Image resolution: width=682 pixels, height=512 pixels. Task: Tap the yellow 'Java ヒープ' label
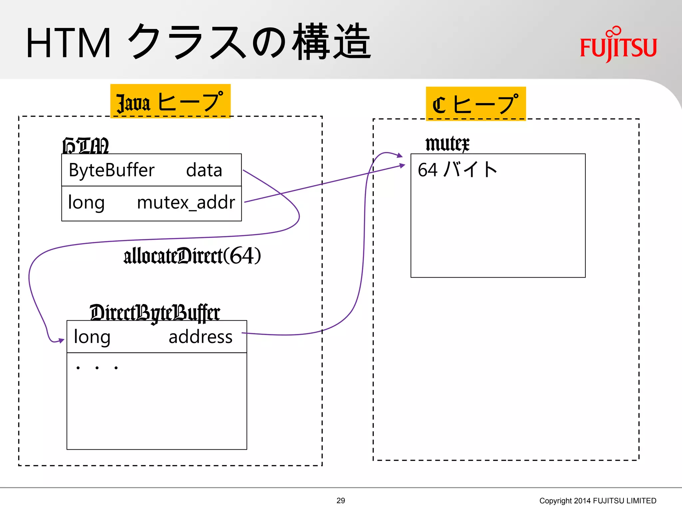click(x=170, y=101)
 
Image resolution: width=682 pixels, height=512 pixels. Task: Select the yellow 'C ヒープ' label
click(x=476, y=104)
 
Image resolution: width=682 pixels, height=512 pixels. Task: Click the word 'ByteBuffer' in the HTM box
click(x=112, y=170)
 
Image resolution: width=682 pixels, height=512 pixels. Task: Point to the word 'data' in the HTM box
click(x=204, y=170)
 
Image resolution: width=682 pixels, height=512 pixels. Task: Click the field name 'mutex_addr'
click(x=186, y=202)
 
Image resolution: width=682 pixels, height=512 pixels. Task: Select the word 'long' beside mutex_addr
click(x=86, y=202)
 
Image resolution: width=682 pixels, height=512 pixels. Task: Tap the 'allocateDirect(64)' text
click(x=192, y=256)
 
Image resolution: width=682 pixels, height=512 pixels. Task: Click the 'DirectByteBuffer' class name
click(x=155, y=312)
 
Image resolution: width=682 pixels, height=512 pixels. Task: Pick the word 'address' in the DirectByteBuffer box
click(x=200, y=337)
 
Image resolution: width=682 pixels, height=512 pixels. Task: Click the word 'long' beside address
click(x=92, y=337)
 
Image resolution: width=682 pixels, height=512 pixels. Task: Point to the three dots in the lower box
click(x=97, y=368)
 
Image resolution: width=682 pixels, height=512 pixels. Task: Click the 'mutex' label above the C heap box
click(x=447, y=144)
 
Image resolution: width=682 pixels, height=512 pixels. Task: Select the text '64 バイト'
click(x=457, y=169)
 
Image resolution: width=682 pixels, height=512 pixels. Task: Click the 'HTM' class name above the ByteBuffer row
click(x=86, y=146)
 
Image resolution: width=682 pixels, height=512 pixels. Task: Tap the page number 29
click(x=341, y=501)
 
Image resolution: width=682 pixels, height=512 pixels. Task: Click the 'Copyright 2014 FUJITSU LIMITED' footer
click(x=598, y=501)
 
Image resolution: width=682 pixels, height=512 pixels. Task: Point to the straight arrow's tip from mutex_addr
click(x=403, y=165)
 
